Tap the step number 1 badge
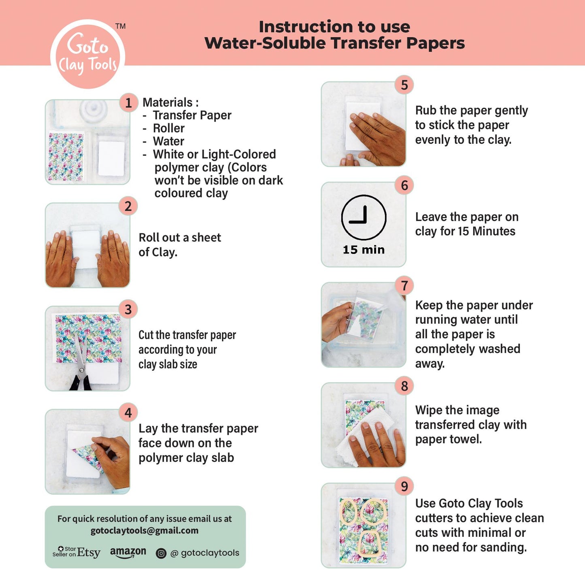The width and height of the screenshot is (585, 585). pos(128,103)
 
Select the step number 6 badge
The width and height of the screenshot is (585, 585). pos(404,185)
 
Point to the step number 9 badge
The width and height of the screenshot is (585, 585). pos(404,486)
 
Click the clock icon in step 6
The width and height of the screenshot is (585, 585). pos(364,217)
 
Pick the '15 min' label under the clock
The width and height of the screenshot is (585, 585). pos(364,250)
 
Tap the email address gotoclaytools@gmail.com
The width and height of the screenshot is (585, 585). pos(145,531)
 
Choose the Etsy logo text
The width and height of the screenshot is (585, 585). pos(88,553)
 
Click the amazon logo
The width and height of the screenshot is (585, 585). pos(128,552)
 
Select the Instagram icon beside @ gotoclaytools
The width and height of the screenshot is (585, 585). pos(161,553)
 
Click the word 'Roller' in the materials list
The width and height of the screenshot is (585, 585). pos(168,128)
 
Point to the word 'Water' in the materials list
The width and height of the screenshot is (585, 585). pos(168,141)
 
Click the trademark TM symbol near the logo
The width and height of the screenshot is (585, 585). pos(120,26)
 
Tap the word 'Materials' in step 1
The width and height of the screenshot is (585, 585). pos(167,102)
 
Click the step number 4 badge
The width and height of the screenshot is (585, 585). pos(128,413)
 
